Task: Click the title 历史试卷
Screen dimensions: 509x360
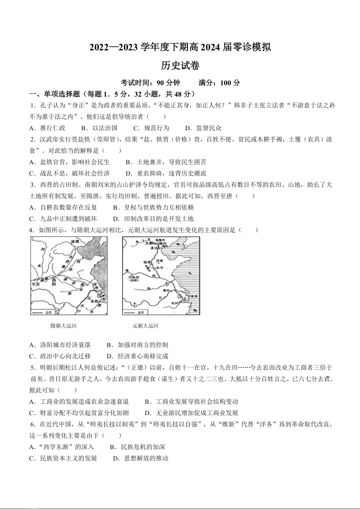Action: [x=180, y=65]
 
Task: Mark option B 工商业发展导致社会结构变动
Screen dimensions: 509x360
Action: [x=191, y=401]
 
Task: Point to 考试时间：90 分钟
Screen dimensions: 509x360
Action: [x=150, y=83]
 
